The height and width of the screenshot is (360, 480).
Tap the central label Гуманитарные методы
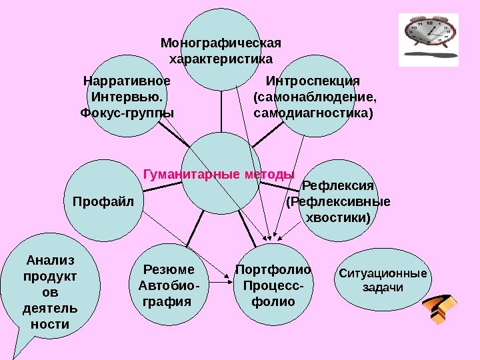(219, 175)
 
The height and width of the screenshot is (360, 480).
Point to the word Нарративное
(127, 81)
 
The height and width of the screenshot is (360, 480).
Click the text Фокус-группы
(127, 112)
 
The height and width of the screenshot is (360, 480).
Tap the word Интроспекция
(313, 81)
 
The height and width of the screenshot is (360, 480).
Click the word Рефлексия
(339, 185)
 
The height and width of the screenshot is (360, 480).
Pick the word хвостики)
(338, 217)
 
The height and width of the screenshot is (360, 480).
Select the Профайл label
(103, 201)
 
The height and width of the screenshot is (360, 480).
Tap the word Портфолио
(273, 270)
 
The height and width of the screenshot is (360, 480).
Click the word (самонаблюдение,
(315, 97)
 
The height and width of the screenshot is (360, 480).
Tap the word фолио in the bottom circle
(273, 301)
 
